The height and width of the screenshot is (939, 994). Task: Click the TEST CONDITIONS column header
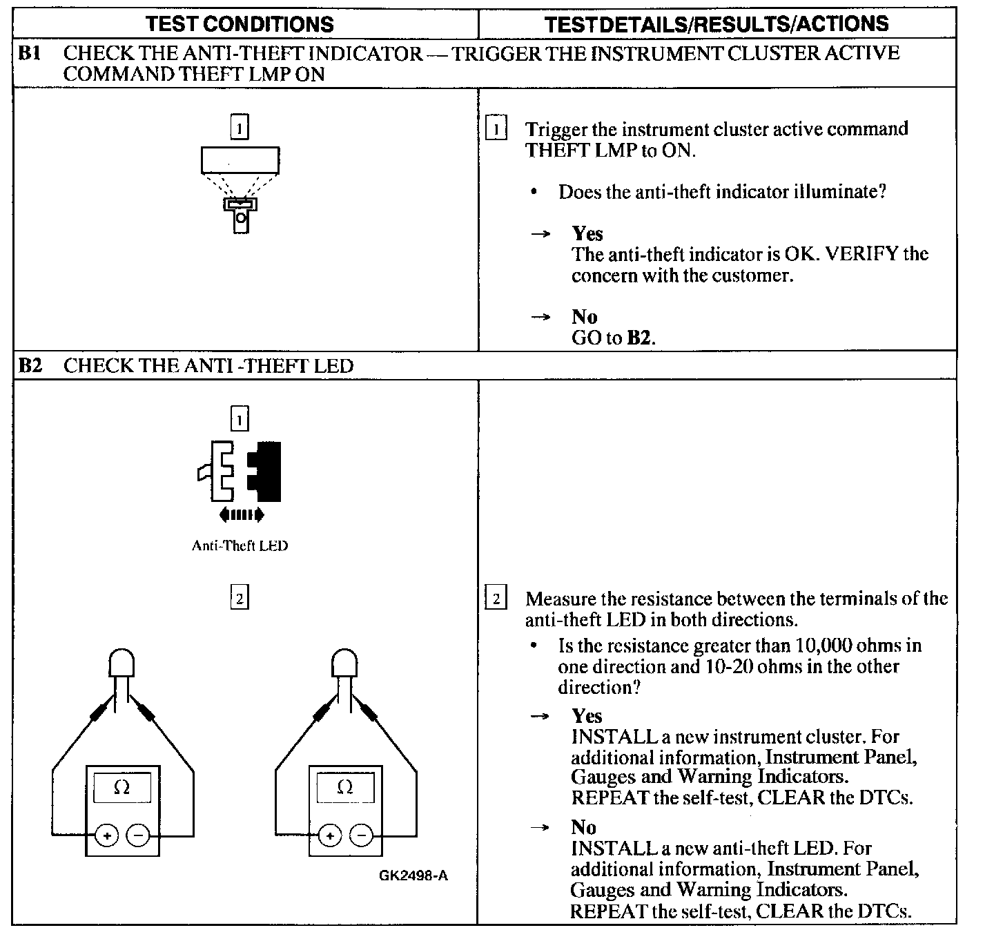(x=240, y=24)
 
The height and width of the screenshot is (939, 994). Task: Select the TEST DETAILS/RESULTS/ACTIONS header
(x=716, y=24)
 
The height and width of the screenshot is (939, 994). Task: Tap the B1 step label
(x=30, y=54)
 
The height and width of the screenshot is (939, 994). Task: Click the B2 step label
(x=30, y=365)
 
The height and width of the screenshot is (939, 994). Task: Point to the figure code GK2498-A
(x=413, y=875)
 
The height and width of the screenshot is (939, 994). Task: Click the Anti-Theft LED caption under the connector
(x=240, y=545)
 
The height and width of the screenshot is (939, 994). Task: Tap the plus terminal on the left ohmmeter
(x=107, y=836)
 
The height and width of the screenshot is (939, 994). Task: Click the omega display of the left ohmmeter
(x=121, y=787)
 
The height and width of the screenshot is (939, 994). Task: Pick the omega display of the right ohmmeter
(x=345, y=787)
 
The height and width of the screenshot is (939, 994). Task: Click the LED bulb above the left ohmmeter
(x=121, y=663)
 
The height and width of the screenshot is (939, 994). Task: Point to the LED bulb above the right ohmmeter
(x=344, y=663)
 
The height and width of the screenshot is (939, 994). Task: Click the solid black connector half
(x=266, y=472)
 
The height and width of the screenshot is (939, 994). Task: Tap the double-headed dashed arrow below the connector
(x=241, y=514)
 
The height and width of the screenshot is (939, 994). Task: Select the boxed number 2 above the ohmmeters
(x=240, y=598)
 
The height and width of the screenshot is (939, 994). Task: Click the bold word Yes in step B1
(x=587, y=233)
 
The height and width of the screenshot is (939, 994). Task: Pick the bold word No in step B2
(x=583, y=826)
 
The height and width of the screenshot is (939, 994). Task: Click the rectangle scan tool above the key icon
(x=240, y=160)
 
